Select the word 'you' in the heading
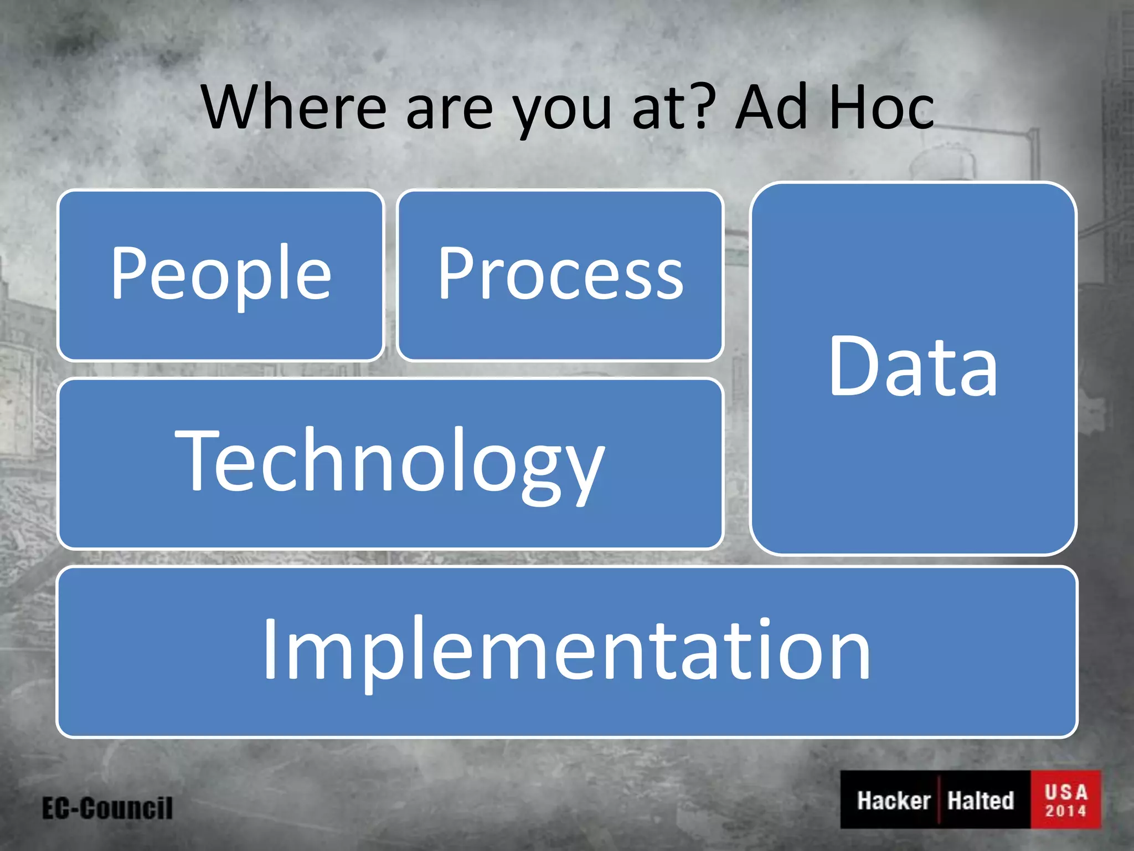(x=562, y=114)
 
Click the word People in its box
(x=221, y=274)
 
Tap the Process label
(x=560, y=274)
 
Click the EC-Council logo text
(x=107, y=808)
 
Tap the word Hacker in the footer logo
(x=893, y=801)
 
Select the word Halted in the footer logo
(x=980, y=801)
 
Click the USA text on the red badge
(x=1066, y=792)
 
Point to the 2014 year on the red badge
(x=1066, y=811)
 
